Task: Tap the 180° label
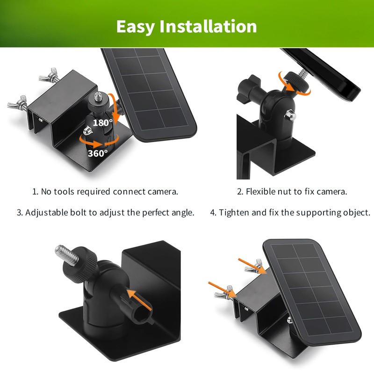(x=102, y=122)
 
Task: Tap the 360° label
(x=98, y=152)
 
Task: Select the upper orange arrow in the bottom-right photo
(x=252, y=265)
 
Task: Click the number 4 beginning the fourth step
(x=213, y=212)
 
